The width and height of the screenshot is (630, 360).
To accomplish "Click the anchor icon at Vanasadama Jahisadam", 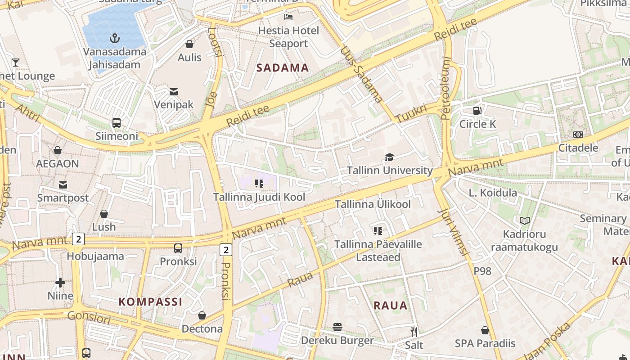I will (115, 38).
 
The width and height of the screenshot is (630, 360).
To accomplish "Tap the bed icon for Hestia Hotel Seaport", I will (288, 17).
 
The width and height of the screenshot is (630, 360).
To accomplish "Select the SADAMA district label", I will (283, 68).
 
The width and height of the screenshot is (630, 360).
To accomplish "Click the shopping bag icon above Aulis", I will (189, 44).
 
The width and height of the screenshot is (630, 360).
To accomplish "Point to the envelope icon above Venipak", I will (174, 92).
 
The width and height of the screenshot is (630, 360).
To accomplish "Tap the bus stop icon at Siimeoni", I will (117, 122).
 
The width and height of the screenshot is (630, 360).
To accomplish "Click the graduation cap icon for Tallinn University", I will (389, 157).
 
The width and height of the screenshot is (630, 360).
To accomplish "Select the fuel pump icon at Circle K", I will (477, 110).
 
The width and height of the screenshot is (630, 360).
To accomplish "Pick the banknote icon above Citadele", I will (578, 134).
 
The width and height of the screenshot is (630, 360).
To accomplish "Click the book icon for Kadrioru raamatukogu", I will (524, 220).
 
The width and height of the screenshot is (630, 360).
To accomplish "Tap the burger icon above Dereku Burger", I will (337, 327).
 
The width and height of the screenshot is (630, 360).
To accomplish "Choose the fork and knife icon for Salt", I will (414, 332).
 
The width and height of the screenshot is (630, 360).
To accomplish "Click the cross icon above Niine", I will (60, 283).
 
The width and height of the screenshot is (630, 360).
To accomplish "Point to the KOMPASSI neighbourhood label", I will (150, 301).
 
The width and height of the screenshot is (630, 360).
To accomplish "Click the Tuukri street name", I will (411, 113).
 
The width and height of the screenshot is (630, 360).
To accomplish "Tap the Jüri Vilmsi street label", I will (454, 232).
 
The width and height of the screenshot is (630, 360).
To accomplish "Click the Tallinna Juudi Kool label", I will (259, 197).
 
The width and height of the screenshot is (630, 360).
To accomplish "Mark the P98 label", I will (482, 271).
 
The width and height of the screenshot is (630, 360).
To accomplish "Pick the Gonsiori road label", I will (89, 318).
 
